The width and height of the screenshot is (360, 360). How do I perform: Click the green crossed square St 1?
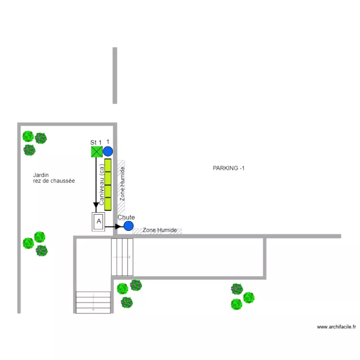[97, 152]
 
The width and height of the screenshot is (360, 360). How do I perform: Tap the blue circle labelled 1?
[108, 152]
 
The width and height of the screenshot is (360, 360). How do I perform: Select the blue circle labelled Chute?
[129, 226]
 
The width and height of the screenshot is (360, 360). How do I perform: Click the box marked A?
[98, 222]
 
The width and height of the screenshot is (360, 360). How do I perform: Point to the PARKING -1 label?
[228, 168]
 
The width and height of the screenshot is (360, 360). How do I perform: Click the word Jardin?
[41, 175]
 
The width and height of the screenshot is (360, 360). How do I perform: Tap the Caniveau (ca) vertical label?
[102, 185]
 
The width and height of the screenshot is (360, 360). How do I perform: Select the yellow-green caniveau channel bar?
[108, 185]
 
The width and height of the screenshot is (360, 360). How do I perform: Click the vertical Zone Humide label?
[122, 184]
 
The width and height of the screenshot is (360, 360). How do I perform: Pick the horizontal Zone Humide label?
[160, 230]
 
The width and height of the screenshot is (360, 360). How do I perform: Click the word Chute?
[126, 217]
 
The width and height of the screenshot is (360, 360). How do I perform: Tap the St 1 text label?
[96, 143]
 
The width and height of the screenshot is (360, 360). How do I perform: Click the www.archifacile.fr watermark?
[336, 327]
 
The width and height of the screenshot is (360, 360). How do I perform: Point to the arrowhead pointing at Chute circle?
[118, 227]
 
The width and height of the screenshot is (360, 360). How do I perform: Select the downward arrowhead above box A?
[96, 205]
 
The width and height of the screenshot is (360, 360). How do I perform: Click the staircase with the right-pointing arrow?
[122, 257]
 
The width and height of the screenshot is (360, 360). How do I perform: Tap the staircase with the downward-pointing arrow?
[93, 302]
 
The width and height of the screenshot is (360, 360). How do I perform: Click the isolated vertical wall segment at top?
[115, 75]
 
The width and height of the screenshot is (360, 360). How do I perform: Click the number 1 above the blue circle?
[108, 142]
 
